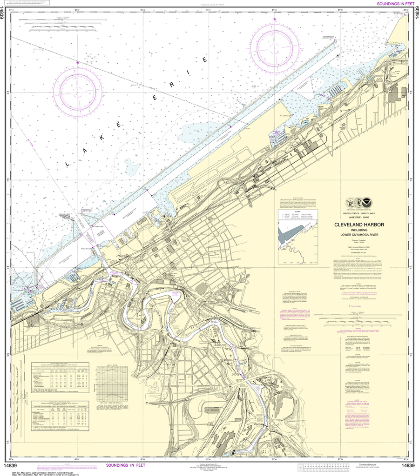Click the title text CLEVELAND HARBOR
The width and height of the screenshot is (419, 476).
point(358,225)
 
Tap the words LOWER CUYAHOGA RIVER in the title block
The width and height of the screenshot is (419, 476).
point(358,235)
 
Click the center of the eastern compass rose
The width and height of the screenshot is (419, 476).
point(275,48)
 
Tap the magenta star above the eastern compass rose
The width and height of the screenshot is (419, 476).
point(275,19)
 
